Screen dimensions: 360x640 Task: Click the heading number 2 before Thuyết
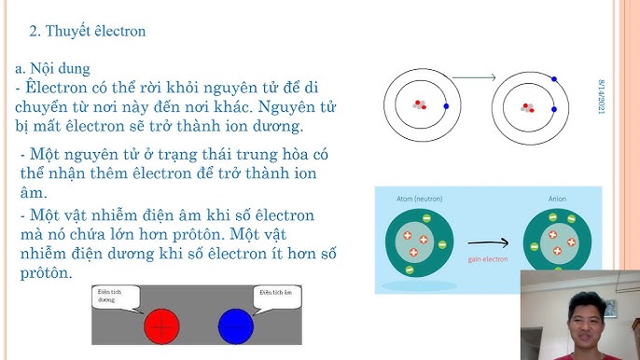coord(34,31)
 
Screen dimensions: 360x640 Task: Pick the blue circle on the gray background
coord(235,325)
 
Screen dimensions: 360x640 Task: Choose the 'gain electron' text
coord(488,259)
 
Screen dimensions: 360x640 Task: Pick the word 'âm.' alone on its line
coord(33,193)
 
